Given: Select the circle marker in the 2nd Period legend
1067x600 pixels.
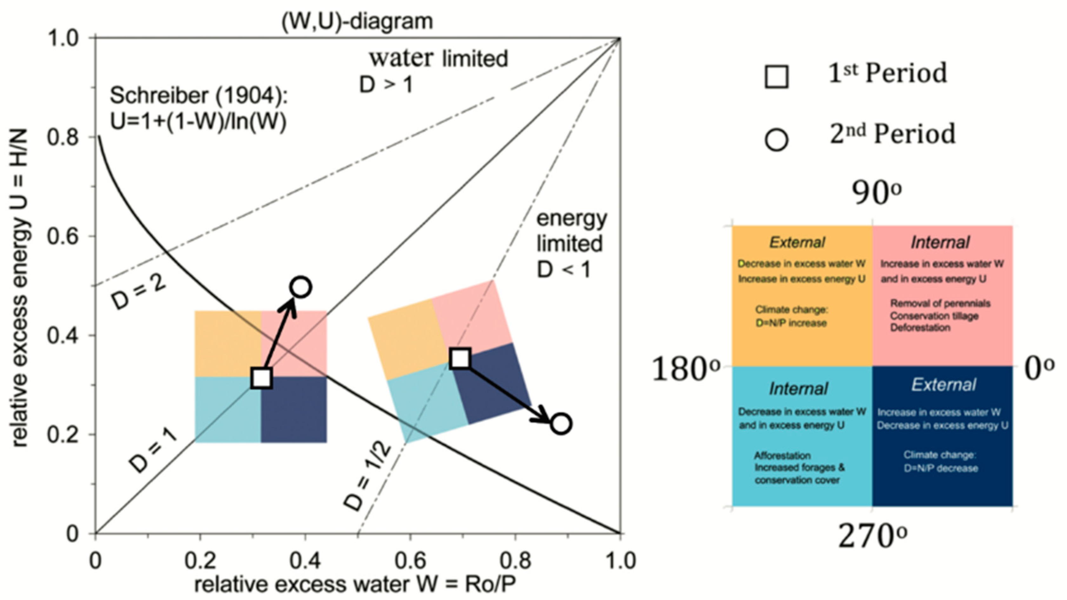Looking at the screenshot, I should point(776,140).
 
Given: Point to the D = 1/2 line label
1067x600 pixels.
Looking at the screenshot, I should point(367,476).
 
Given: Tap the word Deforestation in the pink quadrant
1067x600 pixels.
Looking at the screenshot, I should point(920,328).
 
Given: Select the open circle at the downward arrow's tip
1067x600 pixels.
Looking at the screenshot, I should point(561,424).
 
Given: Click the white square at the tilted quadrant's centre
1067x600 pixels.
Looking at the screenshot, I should point(461,358).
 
